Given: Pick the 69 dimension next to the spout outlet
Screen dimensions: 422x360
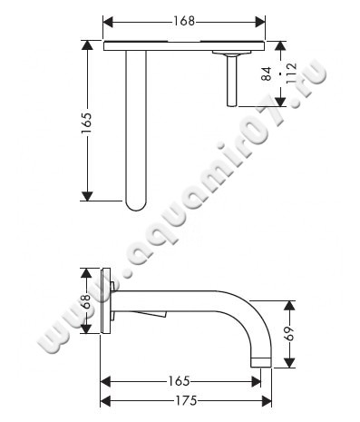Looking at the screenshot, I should (289, 332).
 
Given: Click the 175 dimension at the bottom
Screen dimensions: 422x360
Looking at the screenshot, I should (185, 400).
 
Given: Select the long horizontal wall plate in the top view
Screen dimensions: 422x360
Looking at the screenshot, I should (185, 45).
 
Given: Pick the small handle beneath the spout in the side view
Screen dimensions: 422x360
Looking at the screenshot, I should (155, 315).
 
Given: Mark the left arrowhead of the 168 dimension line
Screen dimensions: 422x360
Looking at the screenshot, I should (107, 21).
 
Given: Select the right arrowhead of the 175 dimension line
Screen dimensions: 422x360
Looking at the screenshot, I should (268, 400).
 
